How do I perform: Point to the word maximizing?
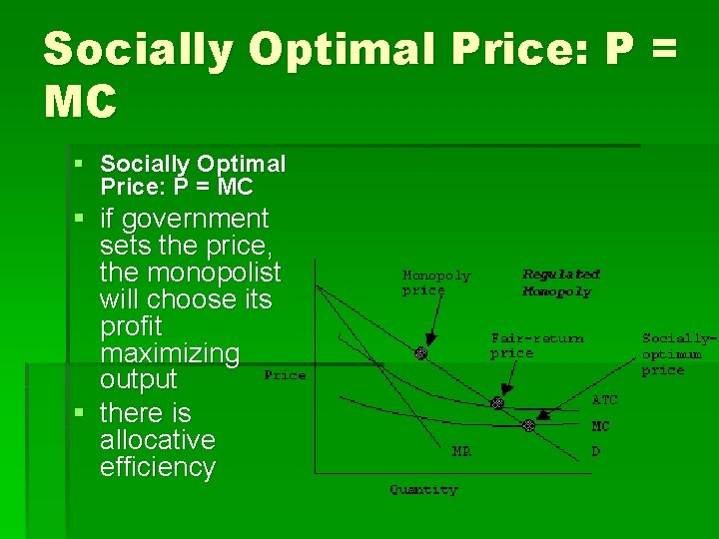click(x=170, y=353)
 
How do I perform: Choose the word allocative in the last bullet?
click(x=157, y=440)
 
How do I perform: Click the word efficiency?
click(x=157, y=467)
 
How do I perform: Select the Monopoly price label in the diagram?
click(x=435, y=282)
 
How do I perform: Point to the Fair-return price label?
click(x=536, y=345)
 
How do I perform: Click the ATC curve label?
click(x=605, y=400)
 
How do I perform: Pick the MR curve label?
click(x=461, y=451)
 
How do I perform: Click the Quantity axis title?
click(x=423, y=490)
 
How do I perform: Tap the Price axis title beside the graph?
click(x=285, y=375)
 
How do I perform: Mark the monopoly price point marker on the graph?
click(x=420, y=353)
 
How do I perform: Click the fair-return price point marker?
click(x=496, y=403)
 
